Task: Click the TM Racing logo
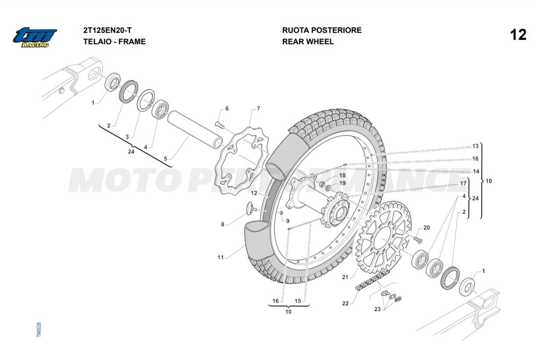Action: click(x=35, y=37)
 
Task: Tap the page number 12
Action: click(x=518, y=35)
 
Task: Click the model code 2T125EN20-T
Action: click(x=107, y=30)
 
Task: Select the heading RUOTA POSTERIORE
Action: click(x=322, y=30)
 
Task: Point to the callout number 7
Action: click(x=259, y=108)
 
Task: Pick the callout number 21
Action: click(x=345, y=277)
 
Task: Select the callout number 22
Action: click(x=345, y=303)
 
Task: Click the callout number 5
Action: click(x=165, y=159)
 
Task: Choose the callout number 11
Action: click(x=220, y=258)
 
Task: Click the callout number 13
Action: click(x=475, y=146)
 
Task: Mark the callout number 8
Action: click(x=222, y=225)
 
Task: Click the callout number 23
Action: click(x=377, y=309)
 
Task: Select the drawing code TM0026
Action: click(x=39, y=329)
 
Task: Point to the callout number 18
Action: click(x=342, y=175)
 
